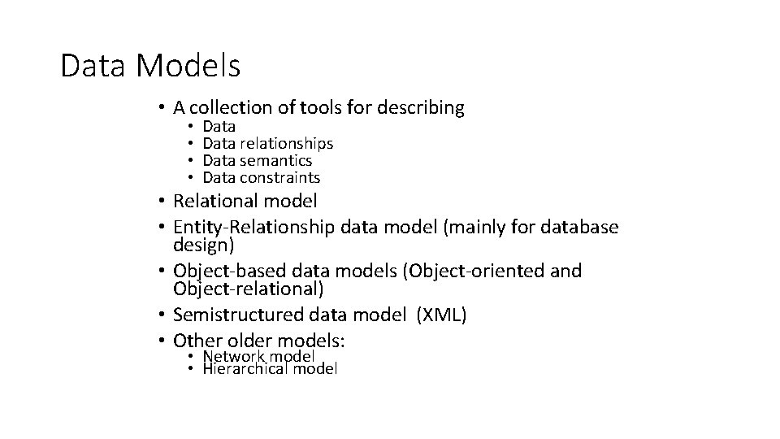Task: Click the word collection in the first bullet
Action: pyautogui.click(x=230, y=107)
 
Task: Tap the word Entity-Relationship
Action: pyautogui.click(x=253, y=227)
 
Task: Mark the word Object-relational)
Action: pyautogui.click(x=249, y=289)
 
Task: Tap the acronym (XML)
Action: pyautogui.click(x=441, y=315)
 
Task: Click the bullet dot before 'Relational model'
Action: pyautogui.click(x=162, y=201)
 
